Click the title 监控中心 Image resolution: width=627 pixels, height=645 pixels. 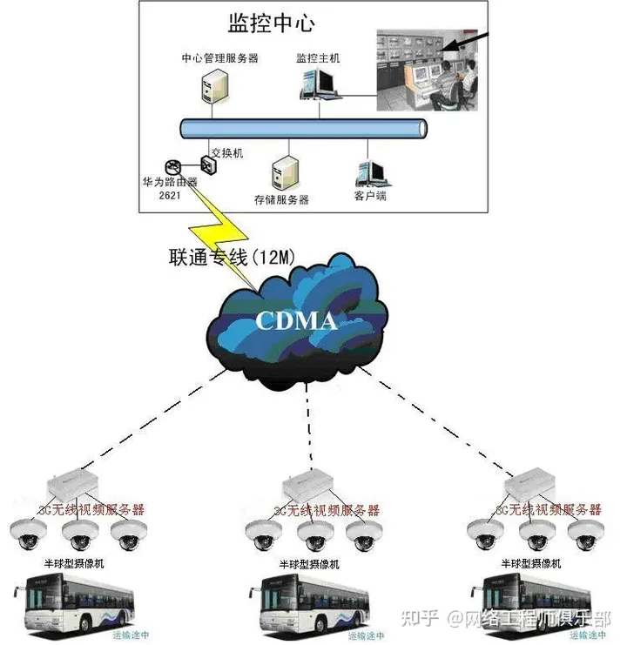[x=270, y=21]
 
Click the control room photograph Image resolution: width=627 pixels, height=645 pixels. [x=427, y=71]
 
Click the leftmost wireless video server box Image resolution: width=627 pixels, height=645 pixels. [x=75, y=487]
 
